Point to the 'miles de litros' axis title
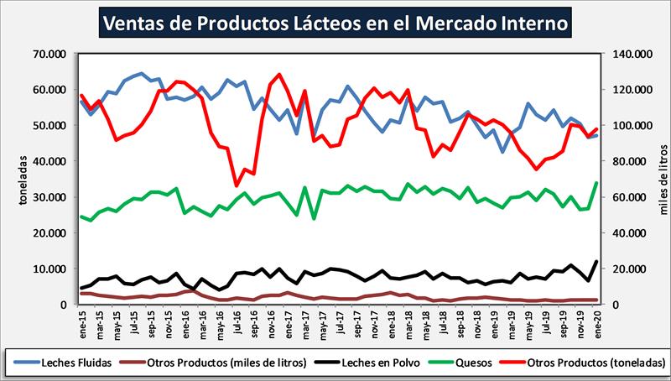pyautogui.click(x=658, y=179)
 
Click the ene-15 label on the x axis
pyautogui.click(x=81, y=320)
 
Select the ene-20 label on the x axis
pyautogui.click(x=596, y=320)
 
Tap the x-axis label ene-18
pyautogui.click(x=390, y=320)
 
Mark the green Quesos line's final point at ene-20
pyautogui.click(x=596, y=183)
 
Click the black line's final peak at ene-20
pyautogui.click(x=596, y=262)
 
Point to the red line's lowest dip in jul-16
pyautogui.click(x=237, y=185)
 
